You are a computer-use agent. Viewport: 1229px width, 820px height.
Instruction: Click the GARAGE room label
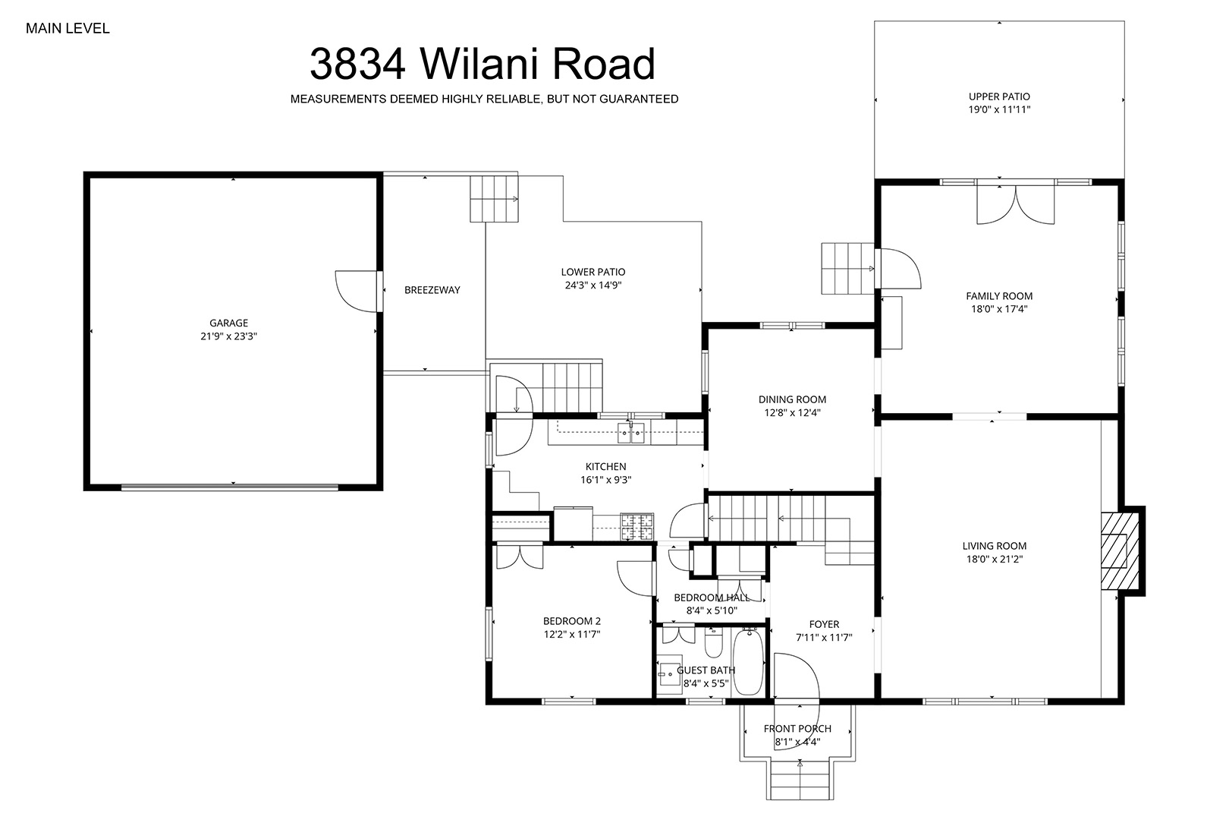click(x=228, y=323)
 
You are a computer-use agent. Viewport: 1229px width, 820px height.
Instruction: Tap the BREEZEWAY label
click(x=432, y=290)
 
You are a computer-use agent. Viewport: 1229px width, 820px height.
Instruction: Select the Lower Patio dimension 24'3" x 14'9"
click(x=593, y=285)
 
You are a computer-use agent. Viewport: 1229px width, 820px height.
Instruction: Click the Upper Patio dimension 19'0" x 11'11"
click(x=999, y=109)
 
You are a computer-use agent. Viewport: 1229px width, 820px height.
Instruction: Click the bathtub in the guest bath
click(x=748, y=662)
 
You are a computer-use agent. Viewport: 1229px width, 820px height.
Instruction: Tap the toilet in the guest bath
click(x=713, y=642)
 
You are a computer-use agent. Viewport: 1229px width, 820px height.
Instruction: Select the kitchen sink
click(x=631, y=434)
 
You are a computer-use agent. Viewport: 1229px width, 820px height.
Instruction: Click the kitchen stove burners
click(x=637, y=526)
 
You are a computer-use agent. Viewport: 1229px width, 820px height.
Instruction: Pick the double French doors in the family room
click(x=1016, y=205)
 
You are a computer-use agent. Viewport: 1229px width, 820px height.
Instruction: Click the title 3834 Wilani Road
click(x=482, y=64)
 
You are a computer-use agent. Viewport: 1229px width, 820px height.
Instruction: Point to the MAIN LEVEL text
click(x=68, y=29)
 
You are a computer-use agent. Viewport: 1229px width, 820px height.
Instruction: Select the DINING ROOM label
click(x=792, y=400)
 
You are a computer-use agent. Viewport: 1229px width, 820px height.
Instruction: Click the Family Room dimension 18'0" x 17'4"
click(x=999, y=309)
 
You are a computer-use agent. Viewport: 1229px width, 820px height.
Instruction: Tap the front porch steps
click(x=800, y=780)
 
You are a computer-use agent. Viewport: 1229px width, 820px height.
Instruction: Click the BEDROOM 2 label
click(x=572, y=621)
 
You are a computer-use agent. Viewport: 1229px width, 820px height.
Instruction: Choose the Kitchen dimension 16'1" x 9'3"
click(x=605, y=480)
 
